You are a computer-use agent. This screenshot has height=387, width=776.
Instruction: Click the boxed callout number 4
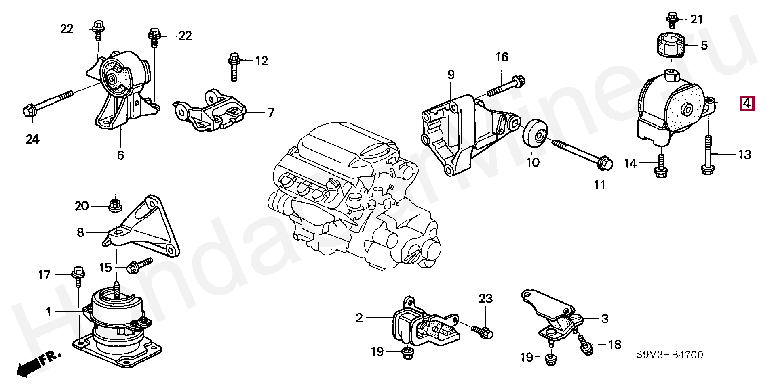tap(746, 104)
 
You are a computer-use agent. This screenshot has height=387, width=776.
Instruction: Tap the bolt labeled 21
tap(672, 20)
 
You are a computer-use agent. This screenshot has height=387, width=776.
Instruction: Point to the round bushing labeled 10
tap(536, 134)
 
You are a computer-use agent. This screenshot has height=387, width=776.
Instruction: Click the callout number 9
tap(451, 75)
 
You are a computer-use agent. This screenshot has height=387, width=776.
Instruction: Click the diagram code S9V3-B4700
tap(669, 355)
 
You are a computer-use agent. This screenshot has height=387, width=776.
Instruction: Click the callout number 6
tap(120, 155)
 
